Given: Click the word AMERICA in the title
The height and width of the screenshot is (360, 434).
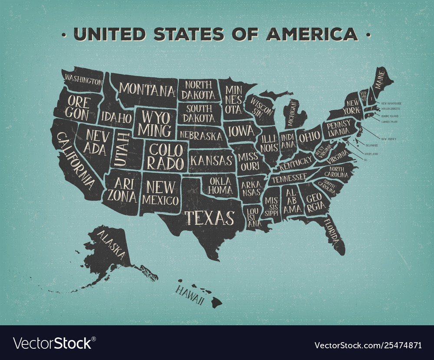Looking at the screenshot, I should (312, 33).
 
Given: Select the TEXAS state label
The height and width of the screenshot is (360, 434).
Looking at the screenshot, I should (210, 217).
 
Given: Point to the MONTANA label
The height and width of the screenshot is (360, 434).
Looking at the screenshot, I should (147, 90).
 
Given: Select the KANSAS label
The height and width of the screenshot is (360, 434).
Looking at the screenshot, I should (212, 160).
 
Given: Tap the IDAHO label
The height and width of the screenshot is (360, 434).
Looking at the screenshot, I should (116, 117).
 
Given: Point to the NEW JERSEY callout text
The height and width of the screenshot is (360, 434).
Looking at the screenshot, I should (388, 139).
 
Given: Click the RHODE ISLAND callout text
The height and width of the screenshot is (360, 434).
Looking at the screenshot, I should (390, 116).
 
